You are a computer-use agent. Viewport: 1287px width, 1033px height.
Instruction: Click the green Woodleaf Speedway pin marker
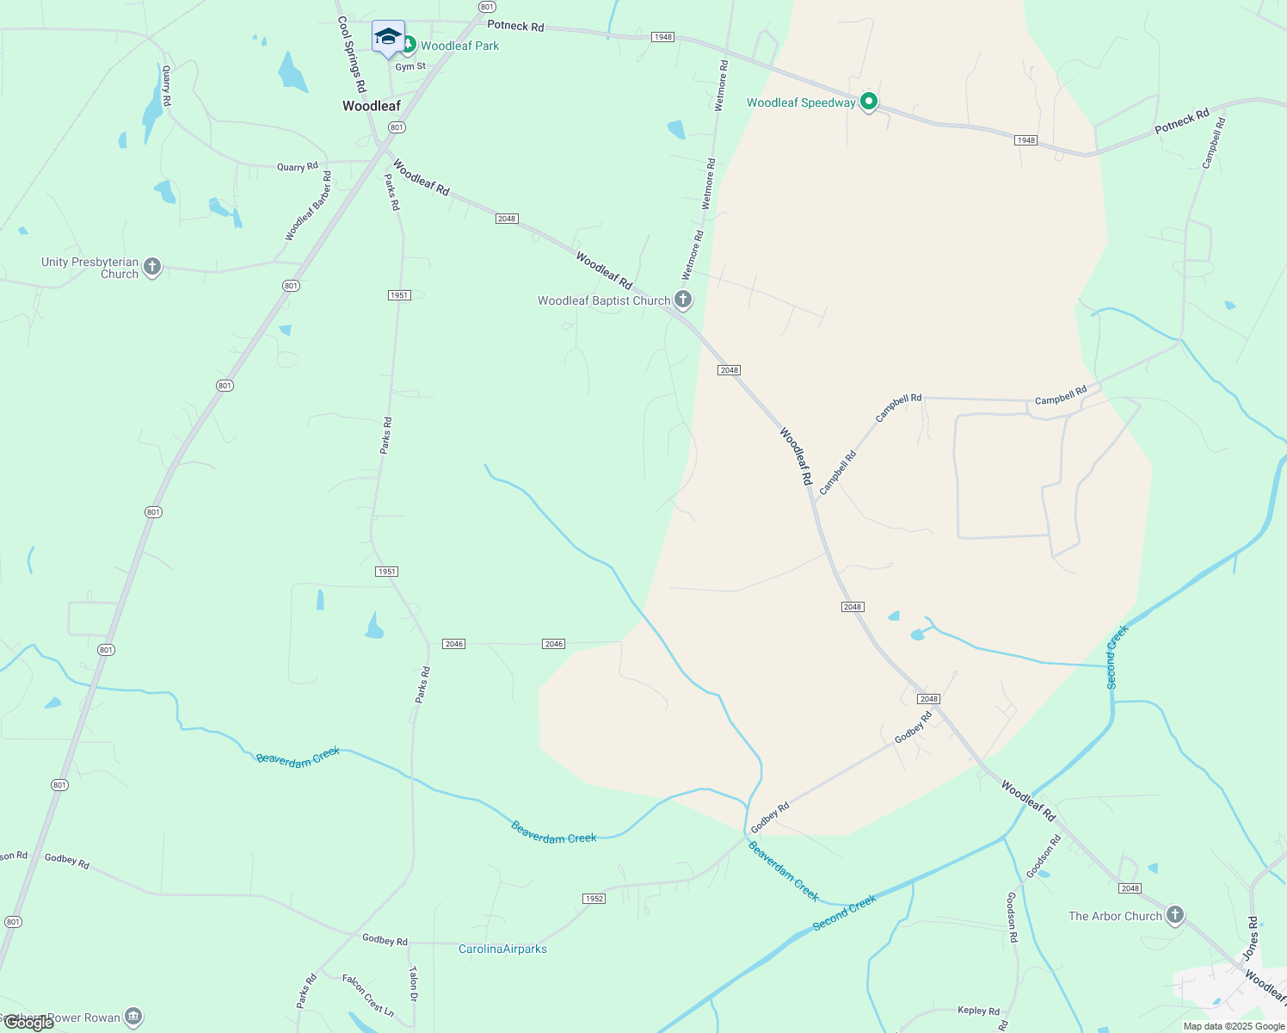[869, 102]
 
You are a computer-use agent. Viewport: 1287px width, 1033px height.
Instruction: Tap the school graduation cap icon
[388, 36]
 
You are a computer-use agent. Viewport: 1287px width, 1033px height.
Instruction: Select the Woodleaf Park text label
[459, 46]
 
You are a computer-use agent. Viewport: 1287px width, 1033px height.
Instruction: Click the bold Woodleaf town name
[372, 106]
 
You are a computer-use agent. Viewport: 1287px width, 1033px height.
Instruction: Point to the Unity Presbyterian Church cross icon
[152, 266]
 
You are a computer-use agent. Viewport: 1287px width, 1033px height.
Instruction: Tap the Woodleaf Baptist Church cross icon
[683, 300]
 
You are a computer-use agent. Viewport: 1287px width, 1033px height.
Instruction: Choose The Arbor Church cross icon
[1175, 915]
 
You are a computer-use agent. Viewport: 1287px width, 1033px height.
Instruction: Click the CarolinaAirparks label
[502, 949]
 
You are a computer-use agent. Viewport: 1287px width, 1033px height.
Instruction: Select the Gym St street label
[410, 66]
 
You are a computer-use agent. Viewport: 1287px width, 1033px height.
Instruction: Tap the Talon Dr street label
[413, 984]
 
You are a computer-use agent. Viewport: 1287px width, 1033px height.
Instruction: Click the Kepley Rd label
[979, 1011]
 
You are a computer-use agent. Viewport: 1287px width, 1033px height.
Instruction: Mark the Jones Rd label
[1251, 938]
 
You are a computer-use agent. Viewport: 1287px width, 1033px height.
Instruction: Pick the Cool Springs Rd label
[352, 54]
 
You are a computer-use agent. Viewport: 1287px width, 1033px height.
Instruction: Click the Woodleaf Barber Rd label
[308, 206]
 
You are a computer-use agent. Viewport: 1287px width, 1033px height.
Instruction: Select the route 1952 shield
[594, 899]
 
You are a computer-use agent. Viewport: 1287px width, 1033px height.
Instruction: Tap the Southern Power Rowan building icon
[133, 1017]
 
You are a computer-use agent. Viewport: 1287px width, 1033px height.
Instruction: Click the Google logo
[28, 1023]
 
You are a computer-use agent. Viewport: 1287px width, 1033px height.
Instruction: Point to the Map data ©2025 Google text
[1234, 1026]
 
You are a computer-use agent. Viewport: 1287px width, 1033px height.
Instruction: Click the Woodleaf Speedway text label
[801, 102]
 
